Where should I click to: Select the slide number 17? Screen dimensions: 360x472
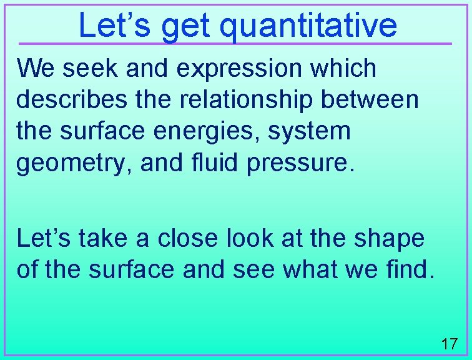pyautogui.click(x=449, y=343)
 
